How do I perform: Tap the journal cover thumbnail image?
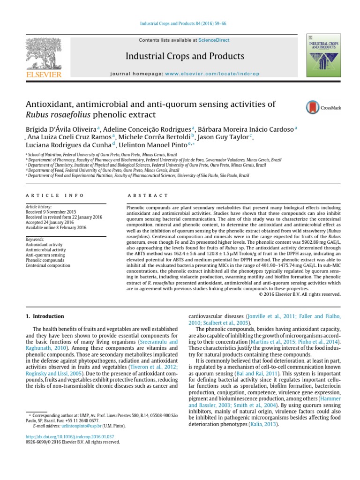pos(323,55)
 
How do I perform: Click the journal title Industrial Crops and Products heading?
pos(185,57)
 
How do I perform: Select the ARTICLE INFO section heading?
pos(55,195)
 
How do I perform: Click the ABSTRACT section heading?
pos(148,195)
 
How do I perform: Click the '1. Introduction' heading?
pos(45,317)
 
